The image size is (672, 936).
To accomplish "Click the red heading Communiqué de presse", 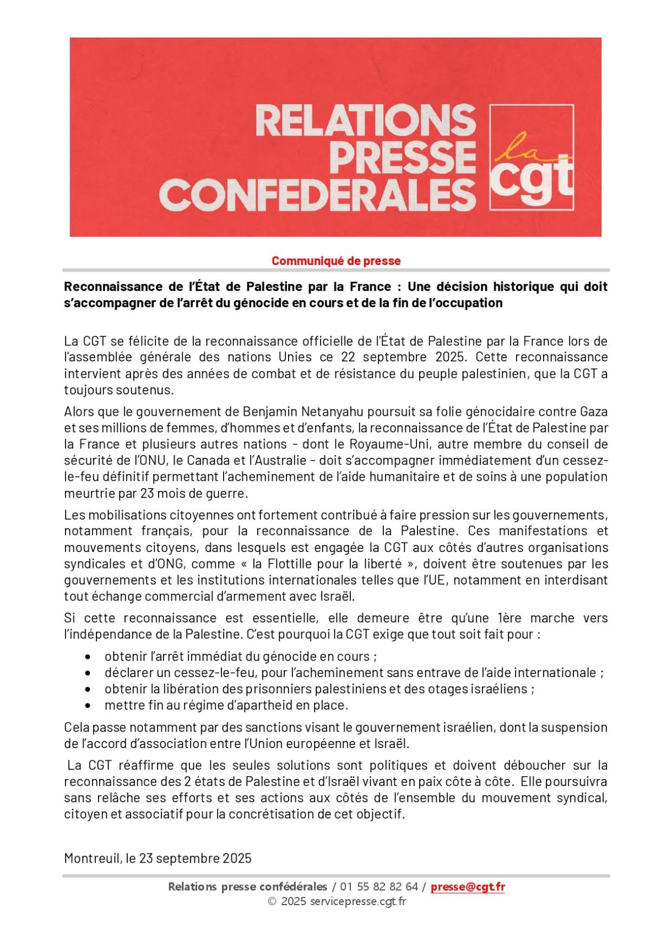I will point(336,261).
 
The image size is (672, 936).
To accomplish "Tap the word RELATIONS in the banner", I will point(365,121).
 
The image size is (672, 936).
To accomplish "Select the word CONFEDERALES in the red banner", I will point(317,194).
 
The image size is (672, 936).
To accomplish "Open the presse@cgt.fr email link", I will point(468,886).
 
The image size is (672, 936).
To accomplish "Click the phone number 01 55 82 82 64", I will point(379,886).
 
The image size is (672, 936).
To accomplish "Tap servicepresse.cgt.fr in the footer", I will point(358,901).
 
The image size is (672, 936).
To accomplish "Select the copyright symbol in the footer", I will point(272,901).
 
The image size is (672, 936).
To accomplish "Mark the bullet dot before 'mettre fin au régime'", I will point(88,705).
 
